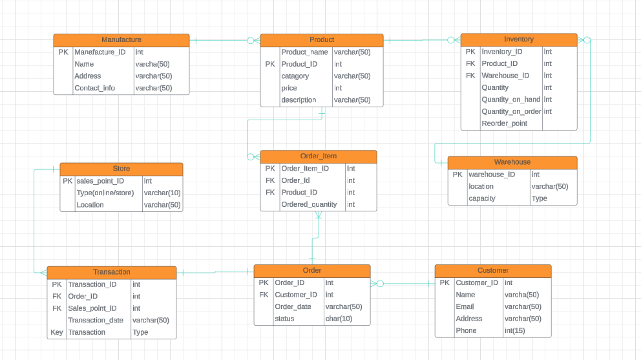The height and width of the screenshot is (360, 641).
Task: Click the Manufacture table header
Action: point(121,40)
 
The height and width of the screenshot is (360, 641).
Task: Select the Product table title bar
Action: point(322,40)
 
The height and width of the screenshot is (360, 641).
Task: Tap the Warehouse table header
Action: point(512,162)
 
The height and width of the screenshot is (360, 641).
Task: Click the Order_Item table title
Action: point(319,156)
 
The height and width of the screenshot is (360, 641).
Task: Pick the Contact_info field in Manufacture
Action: point(94,88)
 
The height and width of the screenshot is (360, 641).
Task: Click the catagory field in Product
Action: point(295,76)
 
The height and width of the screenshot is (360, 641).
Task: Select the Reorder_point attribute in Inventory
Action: point(504,123)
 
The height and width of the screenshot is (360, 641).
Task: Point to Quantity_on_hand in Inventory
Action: point(510,100)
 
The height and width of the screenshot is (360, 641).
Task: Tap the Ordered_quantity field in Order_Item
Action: point(309,204)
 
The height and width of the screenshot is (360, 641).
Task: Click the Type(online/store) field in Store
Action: point(105,193)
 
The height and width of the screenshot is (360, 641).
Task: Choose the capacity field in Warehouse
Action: point(482,198)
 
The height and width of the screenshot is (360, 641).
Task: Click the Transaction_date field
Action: point(96,320)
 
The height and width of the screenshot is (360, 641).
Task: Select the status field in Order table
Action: point(284,319)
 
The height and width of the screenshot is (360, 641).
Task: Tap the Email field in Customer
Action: point(465,306)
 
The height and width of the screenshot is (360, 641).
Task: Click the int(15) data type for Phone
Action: point(515,330)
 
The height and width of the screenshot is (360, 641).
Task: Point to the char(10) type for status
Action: point(339,319)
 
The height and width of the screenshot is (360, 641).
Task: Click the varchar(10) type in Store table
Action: point(162,193)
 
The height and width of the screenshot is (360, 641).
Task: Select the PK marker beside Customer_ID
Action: point(444,282)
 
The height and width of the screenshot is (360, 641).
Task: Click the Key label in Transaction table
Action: point(57,332)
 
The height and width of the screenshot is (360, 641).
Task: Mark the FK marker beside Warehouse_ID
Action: point(470,76)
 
